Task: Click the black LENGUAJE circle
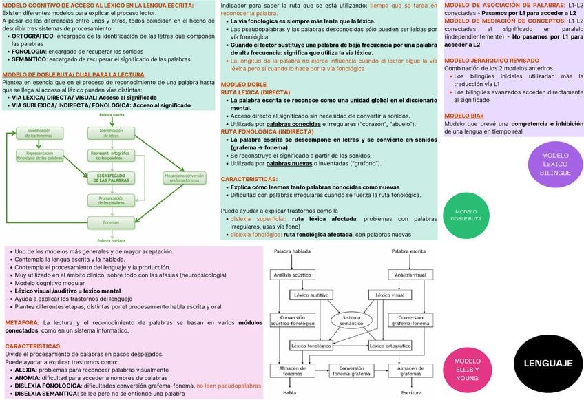pos(547,364)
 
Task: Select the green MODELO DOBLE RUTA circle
pos(466,215)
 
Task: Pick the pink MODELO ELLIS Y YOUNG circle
pos(468,370)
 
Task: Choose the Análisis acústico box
pos(289,275)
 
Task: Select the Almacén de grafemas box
pos(411,372)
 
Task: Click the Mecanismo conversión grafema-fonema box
pos(184,178)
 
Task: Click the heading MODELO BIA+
pos(463,116)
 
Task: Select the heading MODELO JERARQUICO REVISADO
pos(491,61)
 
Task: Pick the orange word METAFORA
pos(21,322)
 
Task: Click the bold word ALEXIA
pos(25,370)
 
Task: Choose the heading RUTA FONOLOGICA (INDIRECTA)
pos(267,131)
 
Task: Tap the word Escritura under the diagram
pos(411,393)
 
